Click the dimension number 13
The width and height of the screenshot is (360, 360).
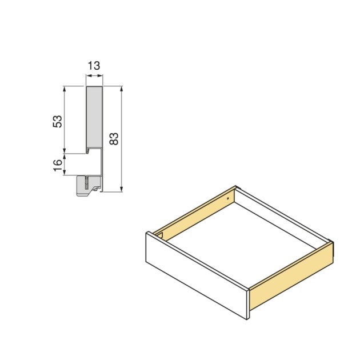click(x=94, y=66)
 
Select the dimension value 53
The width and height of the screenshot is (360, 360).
click(x=57, y=121)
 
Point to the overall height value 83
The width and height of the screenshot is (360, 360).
click(x=114, y=139)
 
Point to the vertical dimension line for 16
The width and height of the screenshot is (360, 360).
click(x=66, y=164)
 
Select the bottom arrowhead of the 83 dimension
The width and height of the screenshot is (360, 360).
click(x=122, y=189)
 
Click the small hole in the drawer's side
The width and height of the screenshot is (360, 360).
click(x=229, y=198)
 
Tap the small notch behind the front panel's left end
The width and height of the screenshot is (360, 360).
click(x=161, y=235)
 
